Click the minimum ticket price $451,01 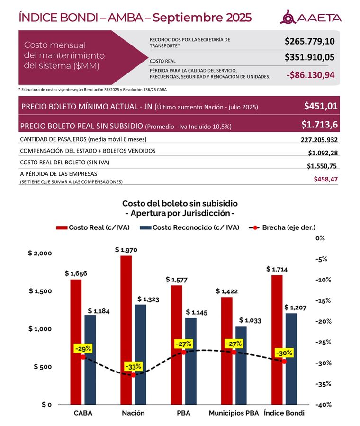321,106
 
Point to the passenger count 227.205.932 319,140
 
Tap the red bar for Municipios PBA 227,351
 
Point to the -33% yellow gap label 133,367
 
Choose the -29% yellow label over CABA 83,349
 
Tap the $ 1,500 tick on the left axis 40,291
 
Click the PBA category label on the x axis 183,413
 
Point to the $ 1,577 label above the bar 177,279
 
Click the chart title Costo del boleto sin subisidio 180,203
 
